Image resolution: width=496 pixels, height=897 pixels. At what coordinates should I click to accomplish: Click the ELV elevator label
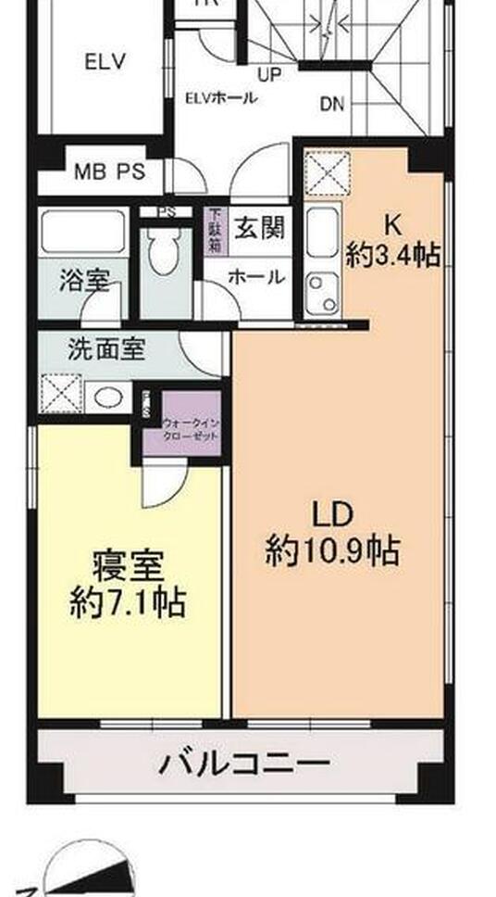[x=105, y=63]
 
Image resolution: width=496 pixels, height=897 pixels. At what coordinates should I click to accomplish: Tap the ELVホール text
[x=220, y=98]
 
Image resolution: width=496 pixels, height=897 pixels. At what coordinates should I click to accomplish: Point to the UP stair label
[x=270, y=73]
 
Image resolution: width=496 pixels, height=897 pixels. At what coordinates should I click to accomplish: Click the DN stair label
[x=332, y=104]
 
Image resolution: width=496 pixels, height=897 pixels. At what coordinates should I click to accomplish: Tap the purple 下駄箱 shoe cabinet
[x=215, y=231]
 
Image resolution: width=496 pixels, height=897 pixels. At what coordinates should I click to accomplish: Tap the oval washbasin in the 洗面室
[x=109, y=398]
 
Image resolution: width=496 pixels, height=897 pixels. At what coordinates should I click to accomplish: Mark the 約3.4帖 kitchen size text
[x=392, y=255]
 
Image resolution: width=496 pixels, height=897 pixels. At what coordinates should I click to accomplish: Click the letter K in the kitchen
[x=392, y=222]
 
